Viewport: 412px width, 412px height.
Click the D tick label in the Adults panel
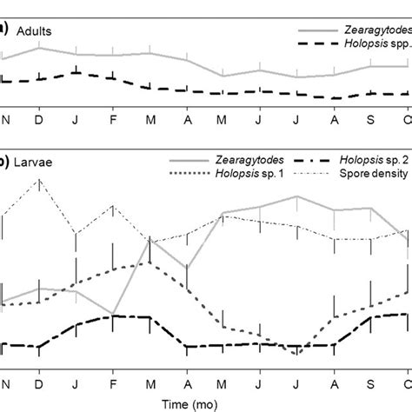(39, 117)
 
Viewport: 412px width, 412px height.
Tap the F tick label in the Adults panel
(113, 117)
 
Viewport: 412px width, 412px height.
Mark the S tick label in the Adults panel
(371, 117)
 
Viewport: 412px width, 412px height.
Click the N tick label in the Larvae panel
(3, 382)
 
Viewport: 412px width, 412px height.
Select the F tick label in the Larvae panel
(113, 382)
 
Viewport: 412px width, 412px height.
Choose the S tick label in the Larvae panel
(371, 382)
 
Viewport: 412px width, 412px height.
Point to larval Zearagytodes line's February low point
(113, 313)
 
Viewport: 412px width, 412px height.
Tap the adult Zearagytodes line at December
(39, 48)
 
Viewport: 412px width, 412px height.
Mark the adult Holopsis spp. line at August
(334, 98)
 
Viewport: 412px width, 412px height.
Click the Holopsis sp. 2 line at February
(113, 316)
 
